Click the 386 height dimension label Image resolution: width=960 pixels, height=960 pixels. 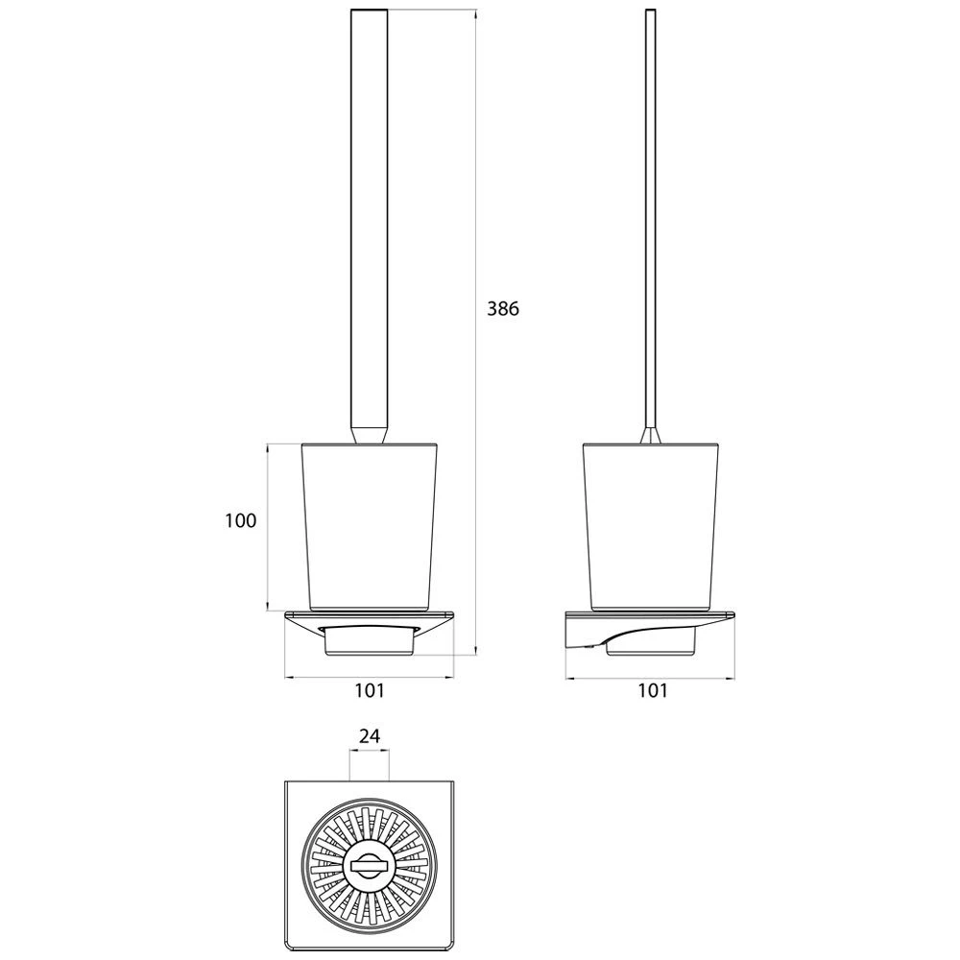pyautogui.click(x=503, y=308)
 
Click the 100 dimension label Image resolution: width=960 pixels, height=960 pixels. pyautogui.click(x=241, y=521)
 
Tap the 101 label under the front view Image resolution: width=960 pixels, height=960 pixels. pyautogui.click(x=370, y=690)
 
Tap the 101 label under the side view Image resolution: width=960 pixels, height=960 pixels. pyautogui.click(x=653, y=690)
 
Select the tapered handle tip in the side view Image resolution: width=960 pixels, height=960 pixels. pyautogui.click(x=650, y=434)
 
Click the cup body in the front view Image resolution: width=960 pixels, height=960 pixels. pyautogui.click(x=370, y=526)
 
